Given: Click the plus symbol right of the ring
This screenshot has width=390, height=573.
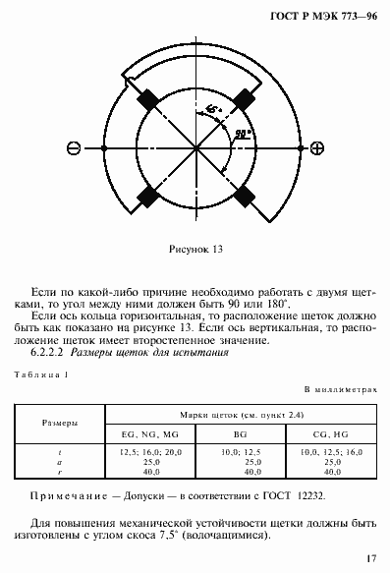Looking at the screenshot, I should pyautogui.click(x=317, y=148).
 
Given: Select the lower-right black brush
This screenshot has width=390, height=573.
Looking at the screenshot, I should pyautogui.click(x=244, y=195).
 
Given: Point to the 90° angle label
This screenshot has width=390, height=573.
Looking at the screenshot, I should pyautogui.click(x=240, y=131).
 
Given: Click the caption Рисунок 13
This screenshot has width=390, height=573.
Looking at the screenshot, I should pyautogui.click(x=195, y=250).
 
